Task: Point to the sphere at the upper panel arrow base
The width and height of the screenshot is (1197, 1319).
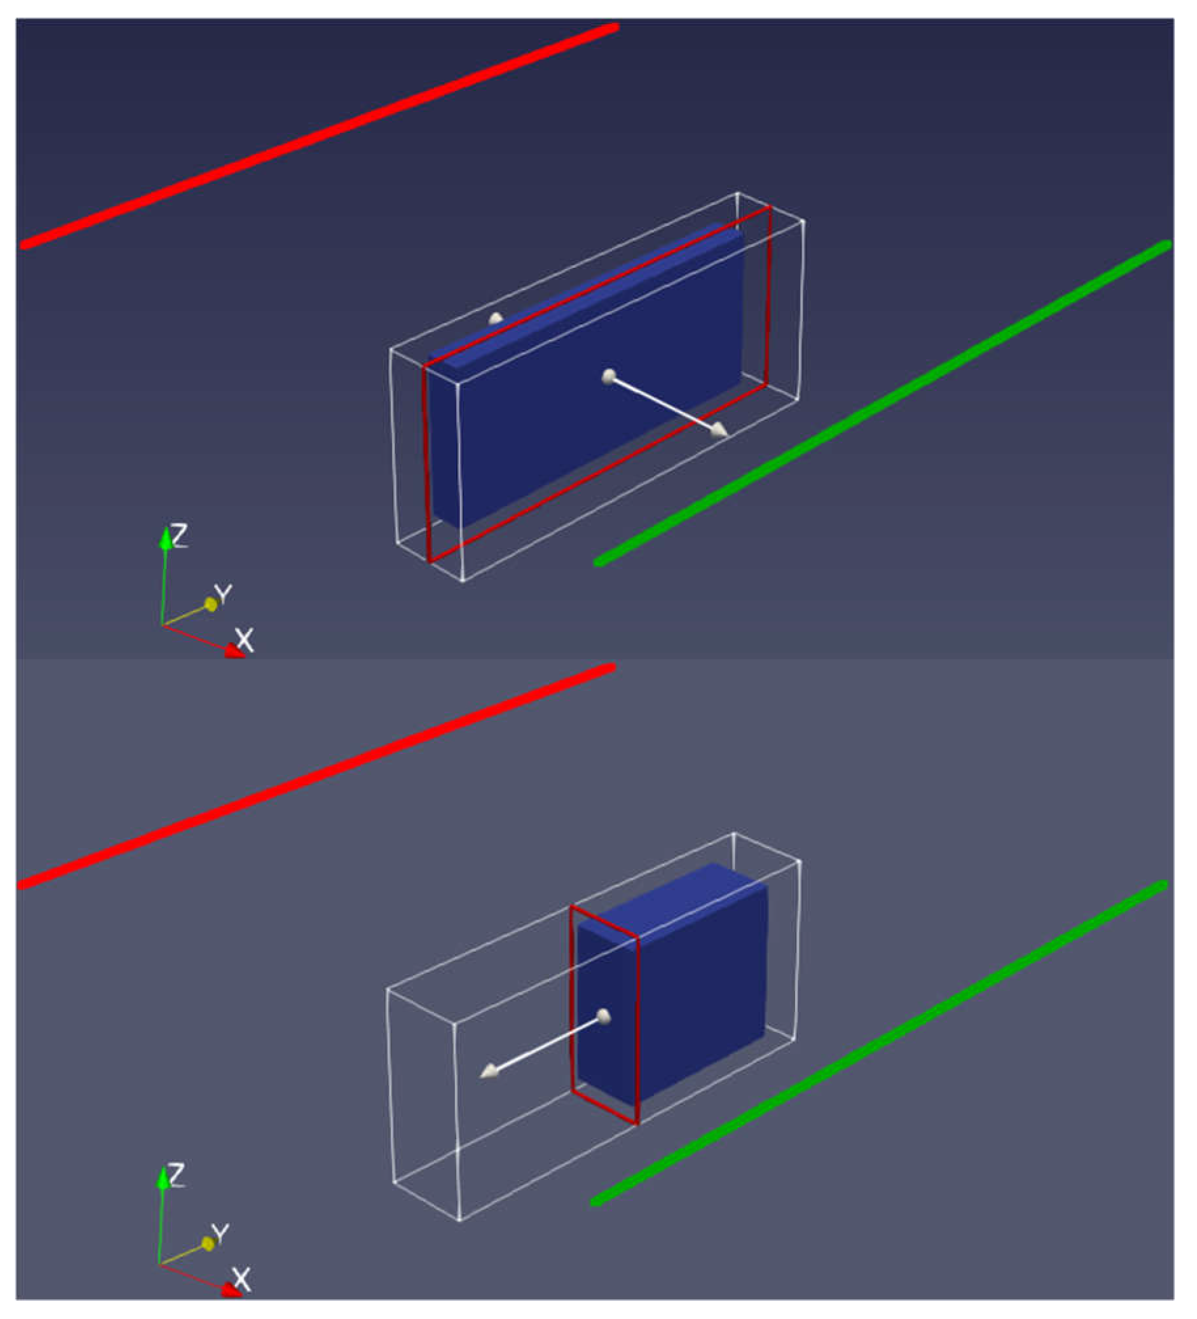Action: point(609,376)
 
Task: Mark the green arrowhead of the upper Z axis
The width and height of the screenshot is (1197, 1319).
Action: point(165,538)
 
